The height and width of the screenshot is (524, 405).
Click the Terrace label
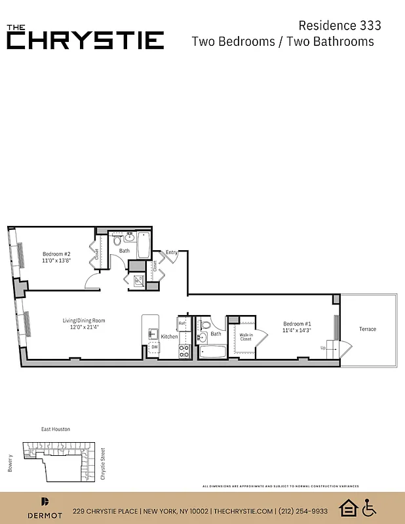(368, 329)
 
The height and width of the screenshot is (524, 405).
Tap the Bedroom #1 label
(297, 324)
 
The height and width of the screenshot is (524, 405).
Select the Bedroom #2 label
(56, 254)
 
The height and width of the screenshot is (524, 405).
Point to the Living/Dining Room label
(84, 320)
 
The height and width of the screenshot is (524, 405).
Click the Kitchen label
(170, 337)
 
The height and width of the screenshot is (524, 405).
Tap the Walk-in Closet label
(245, 337)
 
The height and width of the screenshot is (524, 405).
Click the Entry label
(172, 252)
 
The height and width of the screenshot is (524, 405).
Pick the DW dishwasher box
(155, 347)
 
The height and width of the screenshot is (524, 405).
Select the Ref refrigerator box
(183, 324)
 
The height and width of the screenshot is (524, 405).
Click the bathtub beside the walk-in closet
(213, 352)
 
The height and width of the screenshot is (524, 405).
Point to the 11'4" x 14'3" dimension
(297, 331)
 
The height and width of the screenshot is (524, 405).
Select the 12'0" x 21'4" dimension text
(84, 327)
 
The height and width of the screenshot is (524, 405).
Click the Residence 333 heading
(339, 26)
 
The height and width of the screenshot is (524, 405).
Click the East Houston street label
(56, 429)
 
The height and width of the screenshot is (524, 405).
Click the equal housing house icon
(348, 508)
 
